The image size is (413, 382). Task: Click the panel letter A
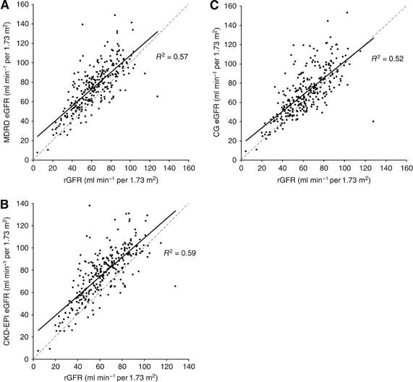tap(5, 6)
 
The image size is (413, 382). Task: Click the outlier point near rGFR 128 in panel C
tap(373, 121)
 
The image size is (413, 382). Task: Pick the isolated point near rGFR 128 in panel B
tap(175, 286)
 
